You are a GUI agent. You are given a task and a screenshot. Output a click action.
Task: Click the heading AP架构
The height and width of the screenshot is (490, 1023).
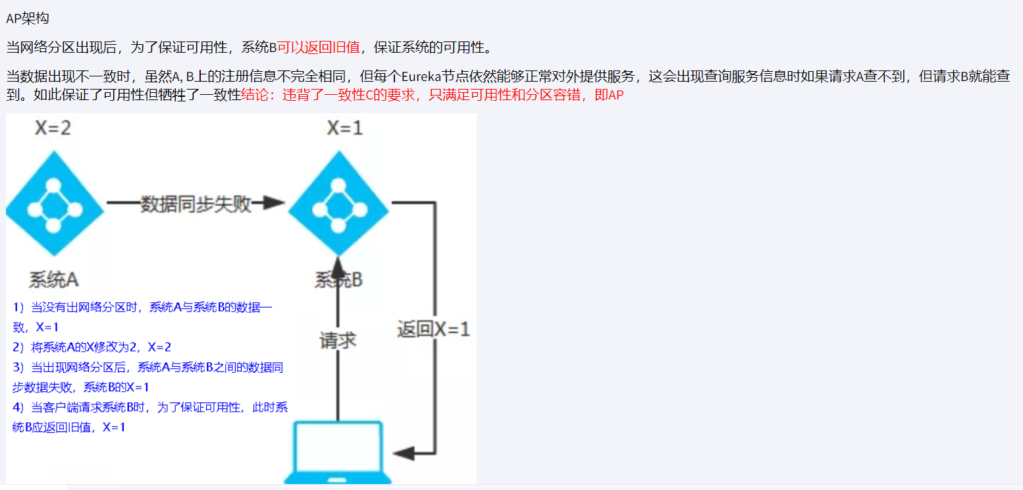click(28, 18)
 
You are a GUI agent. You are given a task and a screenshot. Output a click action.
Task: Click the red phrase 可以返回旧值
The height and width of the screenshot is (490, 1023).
click(319, 47)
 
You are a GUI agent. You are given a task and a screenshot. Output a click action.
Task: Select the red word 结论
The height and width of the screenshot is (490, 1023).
click(257, 95)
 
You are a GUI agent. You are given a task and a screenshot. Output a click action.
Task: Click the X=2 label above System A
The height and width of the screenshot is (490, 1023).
click(53, 128)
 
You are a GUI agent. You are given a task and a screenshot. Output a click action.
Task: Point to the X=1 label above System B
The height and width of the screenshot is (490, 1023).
click(344, 128)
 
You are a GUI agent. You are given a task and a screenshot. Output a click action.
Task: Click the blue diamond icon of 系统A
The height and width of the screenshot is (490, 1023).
click(55, 203)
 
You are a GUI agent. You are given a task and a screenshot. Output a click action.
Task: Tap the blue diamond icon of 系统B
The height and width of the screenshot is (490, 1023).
click(338, 203)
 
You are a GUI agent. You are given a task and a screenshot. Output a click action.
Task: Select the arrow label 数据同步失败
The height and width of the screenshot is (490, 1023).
click(196, 204)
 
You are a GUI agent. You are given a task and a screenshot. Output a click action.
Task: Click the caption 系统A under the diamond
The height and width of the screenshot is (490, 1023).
click(54, 279)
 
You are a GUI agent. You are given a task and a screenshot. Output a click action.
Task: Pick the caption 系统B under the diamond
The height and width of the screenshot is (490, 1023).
click(338, 281)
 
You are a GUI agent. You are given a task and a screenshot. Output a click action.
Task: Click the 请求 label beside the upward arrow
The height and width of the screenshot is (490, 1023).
click(338, 340)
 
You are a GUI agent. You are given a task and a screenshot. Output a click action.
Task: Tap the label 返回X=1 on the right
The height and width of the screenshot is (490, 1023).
click(433, 329)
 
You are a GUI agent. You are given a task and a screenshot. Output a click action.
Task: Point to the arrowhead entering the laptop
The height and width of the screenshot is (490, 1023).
click(403, 453)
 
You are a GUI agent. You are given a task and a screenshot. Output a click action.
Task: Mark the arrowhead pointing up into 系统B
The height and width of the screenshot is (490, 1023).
click(338, 268)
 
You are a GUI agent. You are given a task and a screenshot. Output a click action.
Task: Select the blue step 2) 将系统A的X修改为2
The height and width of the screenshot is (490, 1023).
click(92, 347)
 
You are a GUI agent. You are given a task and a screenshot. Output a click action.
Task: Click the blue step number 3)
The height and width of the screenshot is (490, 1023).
click(18, 367)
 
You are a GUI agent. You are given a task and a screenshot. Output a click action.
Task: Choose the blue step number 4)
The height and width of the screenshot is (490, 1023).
click(18, 407)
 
